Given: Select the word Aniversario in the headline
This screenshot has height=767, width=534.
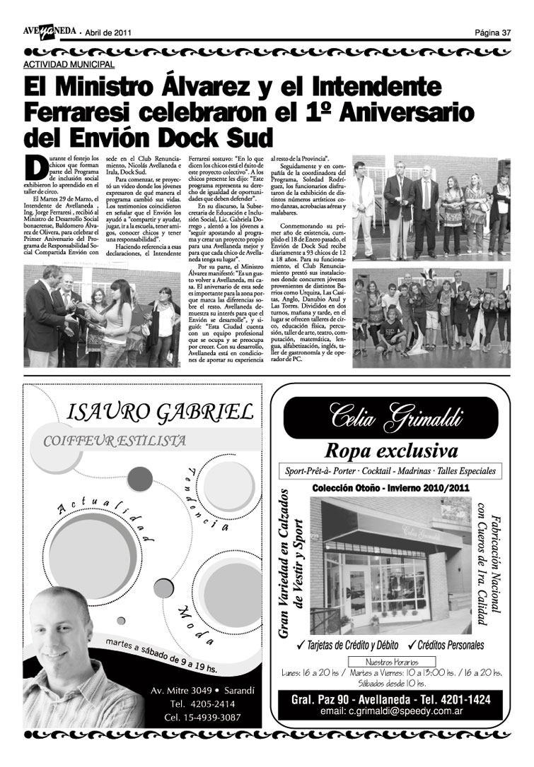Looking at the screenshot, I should click(x=404, y=111).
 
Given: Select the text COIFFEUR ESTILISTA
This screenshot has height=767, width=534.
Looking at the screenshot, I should click(x=115, y=441).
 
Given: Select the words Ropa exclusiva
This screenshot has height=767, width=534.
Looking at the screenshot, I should click(x=391, y=451).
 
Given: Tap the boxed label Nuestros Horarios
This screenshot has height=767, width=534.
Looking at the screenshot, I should click(x=390, y=662).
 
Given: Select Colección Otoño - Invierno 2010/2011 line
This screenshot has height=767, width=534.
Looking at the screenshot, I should click(x=391, y=488).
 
